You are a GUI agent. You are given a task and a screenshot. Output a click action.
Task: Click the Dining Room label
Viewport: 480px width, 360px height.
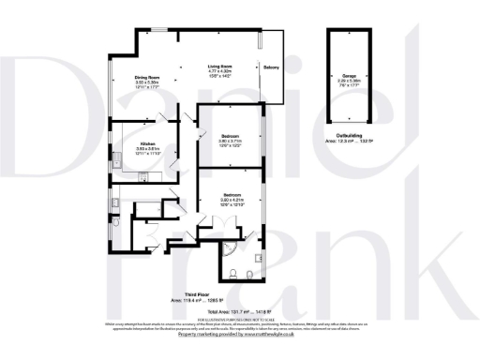pos(146,77)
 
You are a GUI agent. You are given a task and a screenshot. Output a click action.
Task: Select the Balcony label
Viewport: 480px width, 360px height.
pos(271,67)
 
